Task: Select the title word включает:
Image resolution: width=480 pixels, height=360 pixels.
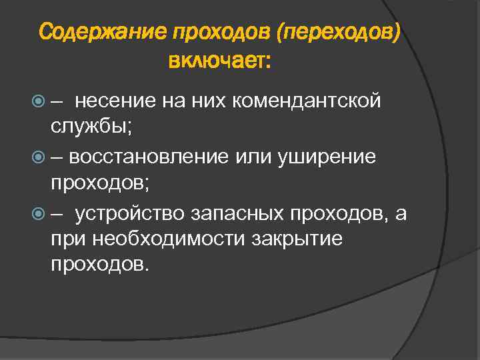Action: point(220,62)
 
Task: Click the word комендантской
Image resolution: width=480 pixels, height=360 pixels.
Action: point(305,101)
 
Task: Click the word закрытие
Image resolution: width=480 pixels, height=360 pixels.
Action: point(294,239)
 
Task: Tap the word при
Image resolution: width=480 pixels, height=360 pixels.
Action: point(67,239)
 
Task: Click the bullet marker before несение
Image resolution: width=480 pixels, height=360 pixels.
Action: point(38,101)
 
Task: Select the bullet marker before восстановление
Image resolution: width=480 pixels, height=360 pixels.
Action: point(38,157)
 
